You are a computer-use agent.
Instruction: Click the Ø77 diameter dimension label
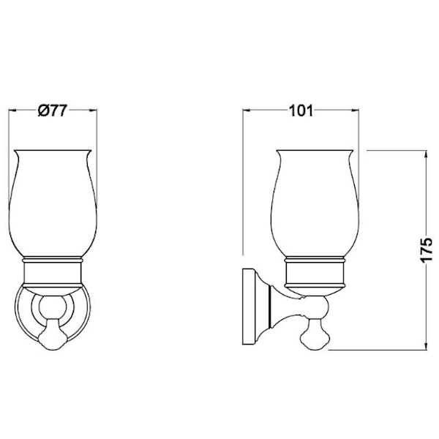point(53,110)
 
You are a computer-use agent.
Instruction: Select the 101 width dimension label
point(301,111)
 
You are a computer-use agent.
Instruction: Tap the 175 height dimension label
point(427,250)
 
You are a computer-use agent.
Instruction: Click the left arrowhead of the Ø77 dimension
point(12,110)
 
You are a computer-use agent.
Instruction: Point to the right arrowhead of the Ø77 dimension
point(94,110)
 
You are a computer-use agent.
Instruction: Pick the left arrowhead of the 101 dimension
point(246,110)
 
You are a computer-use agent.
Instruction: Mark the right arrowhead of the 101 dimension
point(356,110)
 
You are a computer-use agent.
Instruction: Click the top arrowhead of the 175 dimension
point(426,154)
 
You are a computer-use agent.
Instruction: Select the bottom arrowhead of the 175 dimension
point(426,346)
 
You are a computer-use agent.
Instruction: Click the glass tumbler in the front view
point(53,203)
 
